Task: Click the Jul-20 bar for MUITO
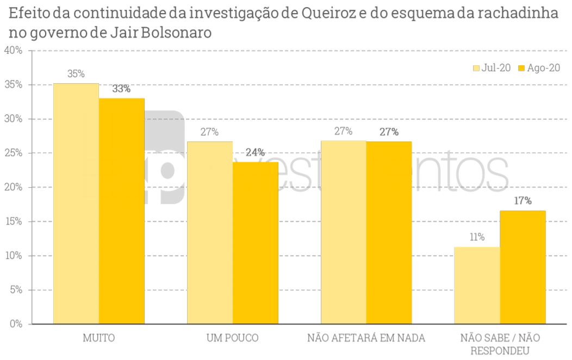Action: pyautogui.click(x=76, y=203)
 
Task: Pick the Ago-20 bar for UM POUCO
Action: pyautogui.click(x=256, y=243)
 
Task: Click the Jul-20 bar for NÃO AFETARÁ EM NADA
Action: pyautogui.click(x=344, y=232)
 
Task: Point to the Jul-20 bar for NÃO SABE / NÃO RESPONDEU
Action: pyautogui.click(x=477, y=285)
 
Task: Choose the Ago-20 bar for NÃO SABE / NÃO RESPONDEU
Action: pyautogui.click(x=523, y=267)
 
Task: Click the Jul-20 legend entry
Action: pyautogui.click(x=492, y=68)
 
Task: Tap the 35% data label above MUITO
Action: pyautogui.click(x=76, y=75)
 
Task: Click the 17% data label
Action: pyautogui.click(x=523, y=201)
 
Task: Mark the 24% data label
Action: pyautogui.click(x=256, y=152)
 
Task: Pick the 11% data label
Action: pyautogui.click(x=477, y=237)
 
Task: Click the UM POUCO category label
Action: pyautogui.click(x=233, y=338)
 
